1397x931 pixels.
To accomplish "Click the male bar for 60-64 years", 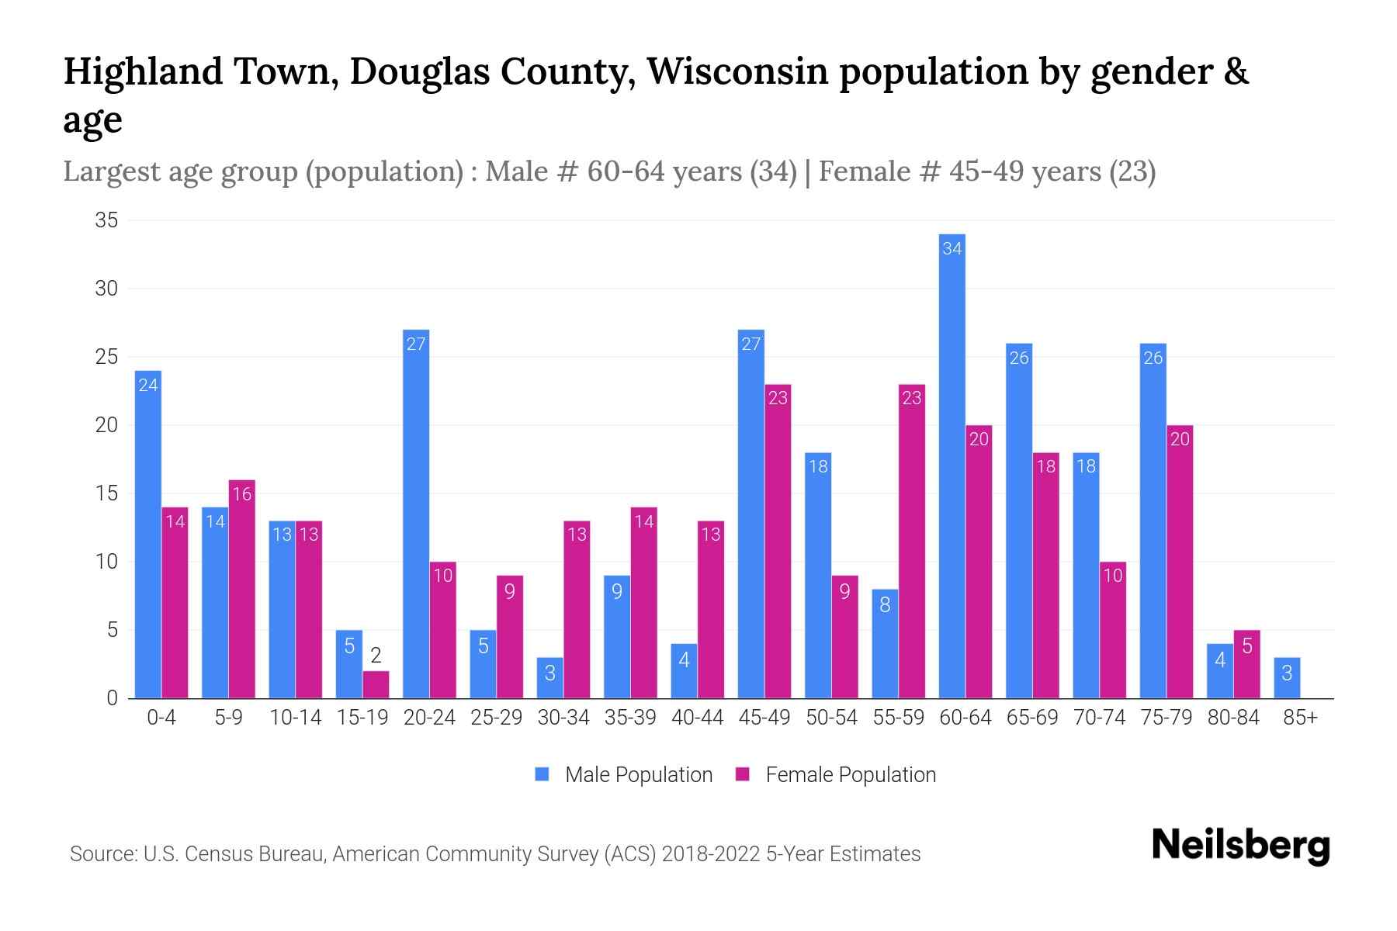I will (x=952, y=465).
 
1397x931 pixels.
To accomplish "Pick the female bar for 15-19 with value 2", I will (x=376, y=684).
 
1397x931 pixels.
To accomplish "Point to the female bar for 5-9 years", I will (x=242, y=589).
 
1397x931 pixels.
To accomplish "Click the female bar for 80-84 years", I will (x=1246, y=664).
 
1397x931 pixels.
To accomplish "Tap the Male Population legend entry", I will (x=624, y=774).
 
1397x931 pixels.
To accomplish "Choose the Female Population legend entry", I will (x=836, y=774).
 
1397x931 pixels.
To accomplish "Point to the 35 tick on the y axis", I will (x=106, y=220).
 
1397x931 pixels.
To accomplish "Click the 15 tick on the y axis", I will (x=106, y=493).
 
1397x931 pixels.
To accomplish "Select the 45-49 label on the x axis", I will (x=764, y=718).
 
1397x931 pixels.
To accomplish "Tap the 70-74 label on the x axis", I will (x=1099, y=718).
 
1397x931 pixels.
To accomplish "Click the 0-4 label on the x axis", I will (x=161, y=718).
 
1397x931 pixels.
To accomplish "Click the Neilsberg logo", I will (x=1240, y=845).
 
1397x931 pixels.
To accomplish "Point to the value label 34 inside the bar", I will (x=952, y=248).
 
